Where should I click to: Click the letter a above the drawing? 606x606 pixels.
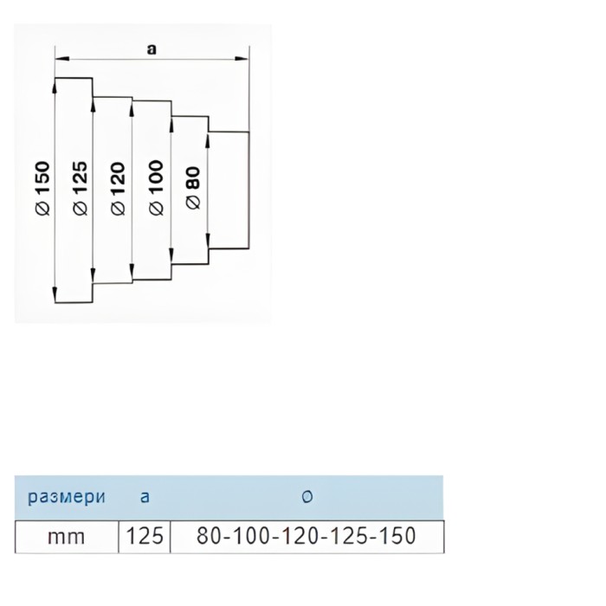tap(151, 50)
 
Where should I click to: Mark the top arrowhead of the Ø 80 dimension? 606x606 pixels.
tap(209, 138)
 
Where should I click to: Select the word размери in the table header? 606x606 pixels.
tap(67, 497)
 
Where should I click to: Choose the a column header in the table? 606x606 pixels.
tap(144, 497)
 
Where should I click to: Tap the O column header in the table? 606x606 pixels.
tap(306, 497)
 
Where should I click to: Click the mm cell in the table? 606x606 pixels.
tap(67, 537)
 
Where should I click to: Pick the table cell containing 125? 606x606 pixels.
tap(145, 537)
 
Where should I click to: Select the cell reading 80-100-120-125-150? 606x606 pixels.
tap(306, 537)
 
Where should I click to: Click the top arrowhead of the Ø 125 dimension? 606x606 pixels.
tap(94, 103)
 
